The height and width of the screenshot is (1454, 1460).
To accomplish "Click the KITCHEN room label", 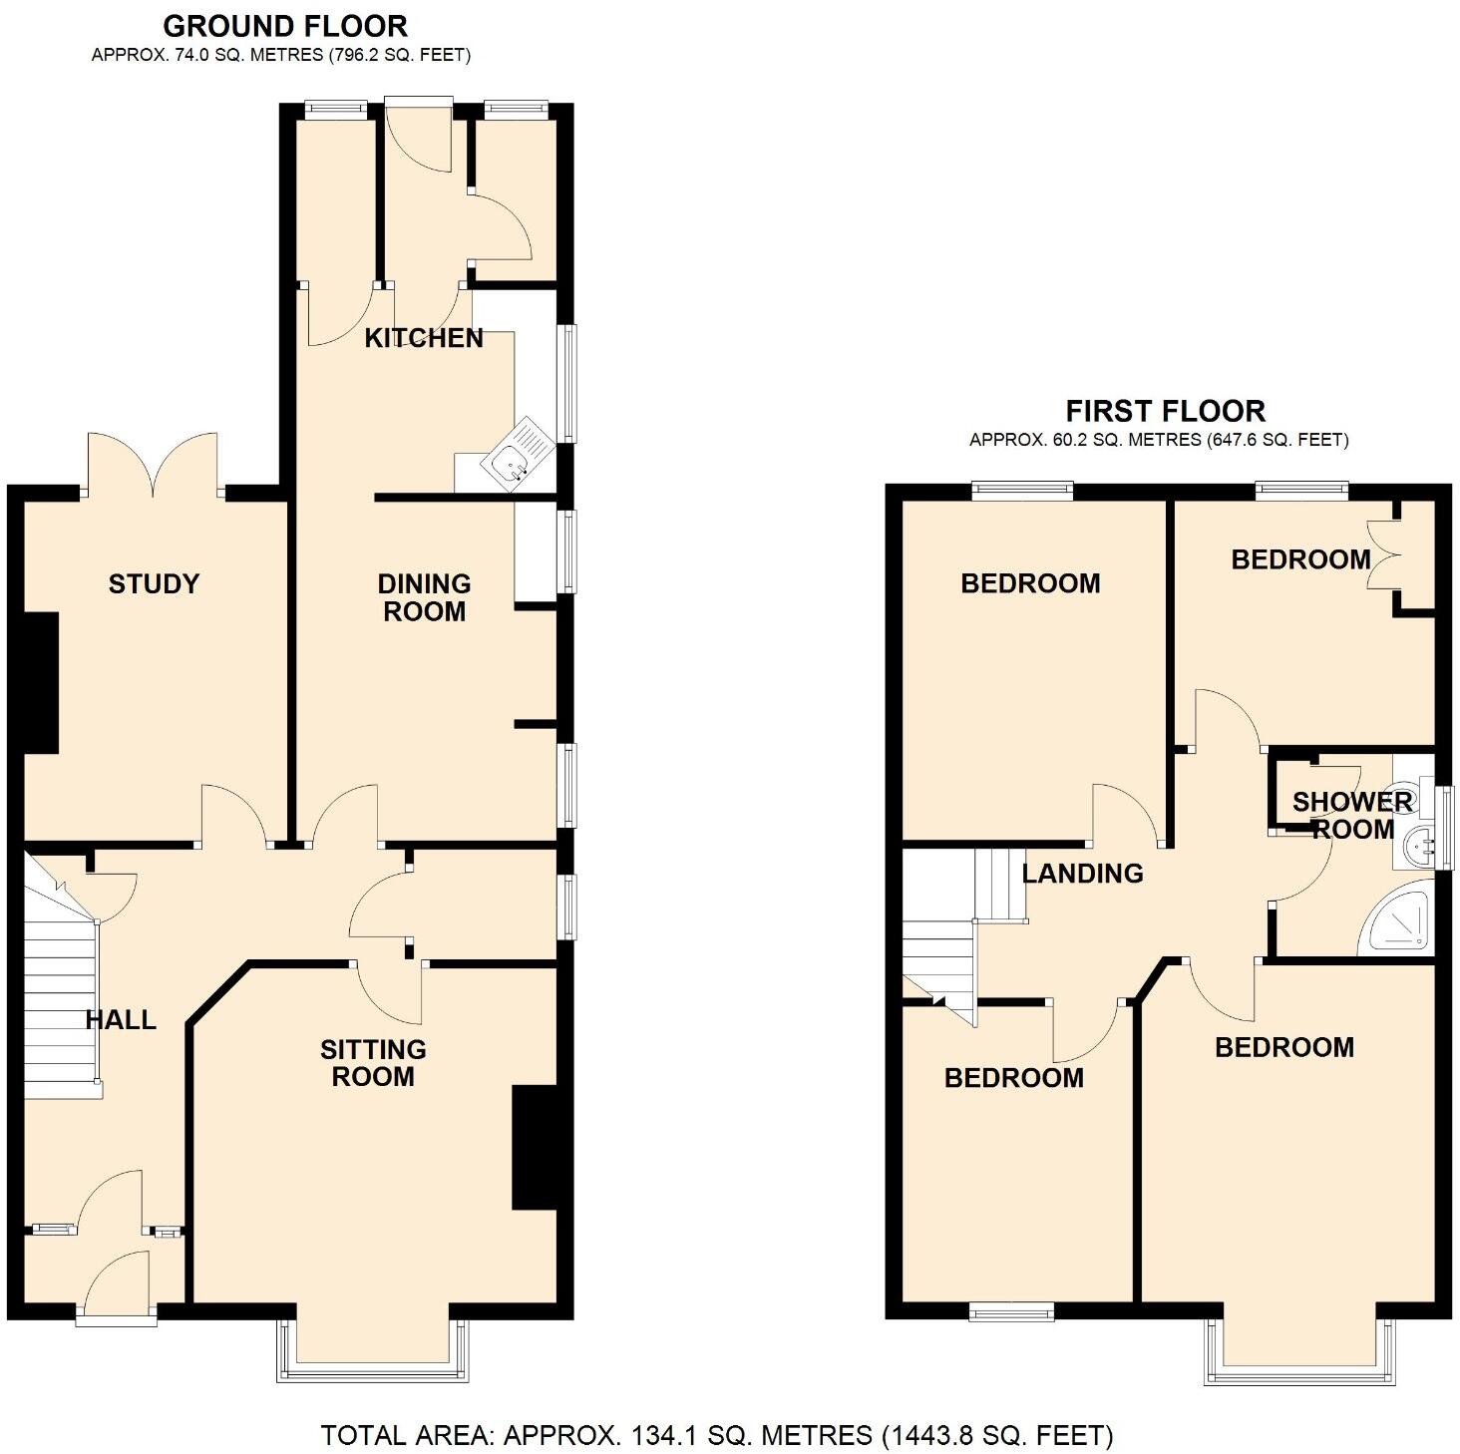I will (x=424, y=338).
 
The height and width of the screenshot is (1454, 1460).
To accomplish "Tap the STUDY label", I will (x=154, y=583).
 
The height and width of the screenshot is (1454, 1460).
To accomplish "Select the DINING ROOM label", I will (x=424, y=597).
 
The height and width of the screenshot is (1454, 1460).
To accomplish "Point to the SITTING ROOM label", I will (x=373, y=1063).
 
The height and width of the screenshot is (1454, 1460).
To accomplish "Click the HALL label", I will (x=121, y=1019).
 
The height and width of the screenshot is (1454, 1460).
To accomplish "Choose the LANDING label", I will (x=1082, y=874).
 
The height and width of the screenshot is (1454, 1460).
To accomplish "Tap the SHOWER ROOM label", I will (x=1352, y=816).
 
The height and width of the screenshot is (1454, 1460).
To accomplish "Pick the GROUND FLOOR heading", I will (x=285, y=26).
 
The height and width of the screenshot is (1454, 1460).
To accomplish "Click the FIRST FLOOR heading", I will (x=1165, y=411).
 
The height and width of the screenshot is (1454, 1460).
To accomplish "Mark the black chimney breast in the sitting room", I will (x=535, y=1147).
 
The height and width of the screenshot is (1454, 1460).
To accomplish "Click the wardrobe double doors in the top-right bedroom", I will (x=1382, y=556).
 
